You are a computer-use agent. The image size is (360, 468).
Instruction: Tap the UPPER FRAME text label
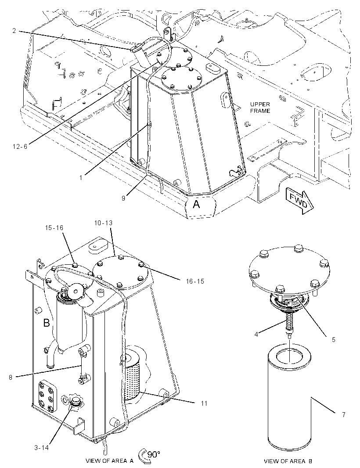[260, 108]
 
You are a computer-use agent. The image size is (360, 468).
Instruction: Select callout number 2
[14, 30]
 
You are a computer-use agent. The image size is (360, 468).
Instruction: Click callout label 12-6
[20, 146]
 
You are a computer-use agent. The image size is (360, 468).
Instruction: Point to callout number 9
[123, 198]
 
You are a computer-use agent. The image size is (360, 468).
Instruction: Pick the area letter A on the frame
[196, 205]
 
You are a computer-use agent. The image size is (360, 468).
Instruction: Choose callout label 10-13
[103, 223]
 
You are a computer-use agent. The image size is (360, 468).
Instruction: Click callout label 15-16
[54, 228]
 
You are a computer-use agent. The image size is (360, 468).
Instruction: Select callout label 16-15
[195, 281]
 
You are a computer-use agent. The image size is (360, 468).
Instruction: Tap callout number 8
[11, 377]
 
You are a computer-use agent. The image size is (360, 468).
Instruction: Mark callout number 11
[204, 403]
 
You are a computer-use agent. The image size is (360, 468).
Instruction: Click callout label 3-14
[42, 448]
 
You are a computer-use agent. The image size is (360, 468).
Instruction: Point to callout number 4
[256, 334]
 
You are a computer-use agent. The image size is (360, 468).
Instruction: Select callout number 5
[333, 339]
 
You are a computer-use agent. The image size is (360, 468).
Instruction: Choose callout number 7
[344, 414]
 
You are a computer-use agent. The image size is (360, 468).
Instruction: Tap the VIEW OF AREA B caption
[288, 461]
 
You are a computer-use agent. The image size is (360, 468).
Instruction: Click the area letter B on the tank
[47, 323]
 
